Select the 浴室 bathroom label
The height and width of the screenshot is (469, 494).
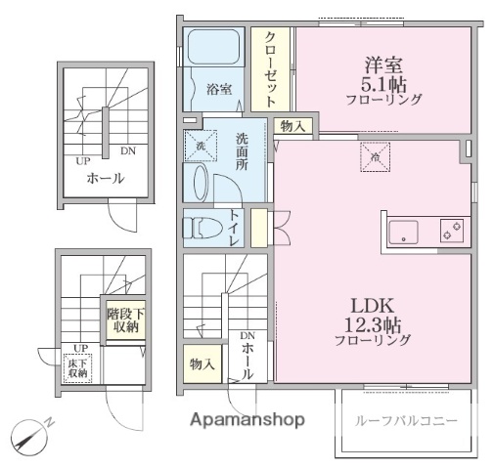[219, 90]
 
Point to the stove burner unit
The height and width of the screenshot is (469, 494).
[450, 233]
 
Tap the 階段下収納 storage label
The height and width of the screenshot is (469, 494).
[124, 320]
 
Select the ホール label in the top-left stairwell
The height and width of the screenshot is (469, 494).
[105, 179]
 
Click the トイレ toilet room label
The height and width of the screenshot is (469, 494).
[236, 227]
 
